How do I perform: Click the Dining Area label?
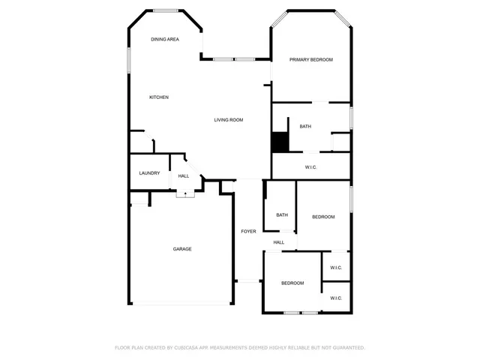[164, 39]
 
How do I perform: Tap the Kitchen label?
[158, 97]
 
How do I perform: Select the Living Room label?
[229, 120]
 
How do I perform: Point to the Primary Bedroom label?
[311, 59]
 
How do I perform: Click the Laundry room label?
[149, 173]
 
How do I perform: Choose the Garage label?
[182, 249]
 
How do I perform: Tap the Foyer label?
[248, 231]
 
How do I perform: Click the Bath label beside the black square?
[305, 126]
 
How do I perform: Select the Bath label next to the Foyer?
[282, 215]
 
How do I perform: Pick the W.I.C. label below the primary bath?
[311, 166]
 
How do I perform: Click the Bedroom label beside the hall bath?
[323, 217]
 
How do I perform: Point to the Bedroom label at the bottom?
[292, 283]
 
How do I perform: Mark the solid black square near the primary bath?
[280, 141]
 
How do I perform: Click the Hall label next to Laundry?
[184, 176]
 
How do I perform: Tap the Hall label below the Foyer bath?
[279, 242]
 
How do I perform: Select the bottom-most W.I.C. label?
[336, 298]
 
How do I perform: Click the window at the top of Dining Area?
[166, 10]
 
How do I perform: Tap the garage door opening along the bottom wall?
[181, 304]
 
